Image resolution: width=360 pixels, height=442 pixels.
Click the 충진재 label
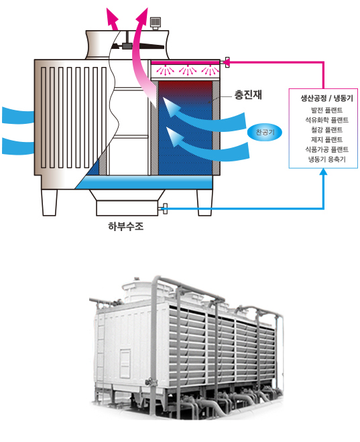click(248, 94)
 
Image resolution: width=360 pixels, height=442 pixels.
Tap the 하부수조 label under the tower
click(126, 226)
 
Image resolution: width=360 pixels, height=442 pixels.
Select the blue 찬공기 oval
click(265, 132)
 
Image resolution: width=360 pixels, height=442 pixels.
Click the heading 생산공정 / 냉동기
click(326, 98)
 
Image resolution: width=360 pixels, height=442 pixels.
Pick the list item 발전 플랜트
click(326, 110)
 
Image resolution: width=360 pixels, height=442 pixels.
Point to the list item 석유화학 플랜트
click(326, 120)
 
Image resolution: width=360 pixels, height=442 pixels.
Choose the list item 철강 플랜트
click(326, 130)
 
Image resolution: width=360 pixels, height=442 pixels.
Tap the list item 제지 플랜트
click(326, 139)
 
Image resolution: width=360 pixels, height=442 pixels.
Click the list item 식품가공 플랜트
click(326, 149)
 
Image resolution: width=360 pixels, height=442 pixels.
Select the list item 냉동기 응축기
click(326, 159)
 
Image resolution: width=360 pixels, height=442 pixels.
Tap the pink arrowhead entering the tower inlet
click(226, 62)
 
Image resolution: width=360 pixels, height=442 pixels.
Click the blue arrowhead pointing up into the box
click(324, 171)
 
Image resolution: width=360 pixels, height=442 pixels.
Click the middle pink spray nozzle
click(187, 70)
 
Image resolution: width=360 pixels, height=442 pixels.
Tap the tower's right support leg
click(204, 202)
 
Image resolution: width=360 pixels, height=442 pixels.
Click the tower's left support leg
click(50, 202)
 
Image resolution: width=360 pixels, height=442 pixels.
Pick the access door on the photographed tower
click(125, 364)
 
